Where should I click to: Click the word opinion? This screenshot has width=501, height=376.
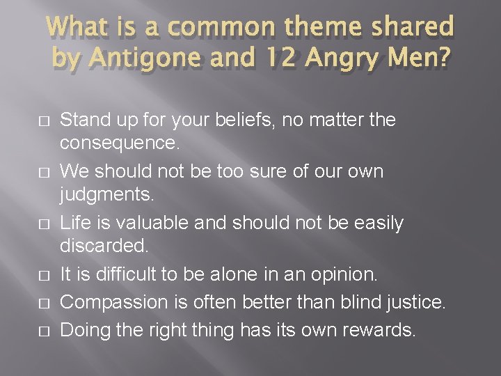pos(340,276)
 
